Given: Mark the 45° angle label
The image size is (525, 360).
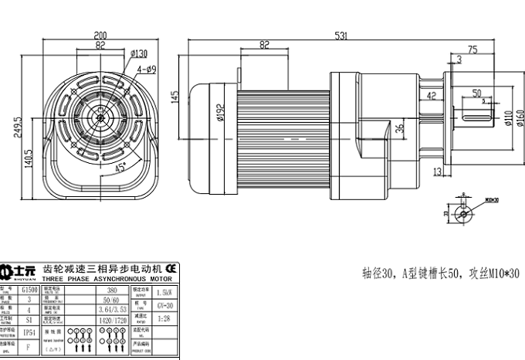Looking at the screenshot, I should point(122,166).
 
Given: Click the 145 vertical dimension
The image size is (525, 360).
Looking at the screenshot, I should point(176,97).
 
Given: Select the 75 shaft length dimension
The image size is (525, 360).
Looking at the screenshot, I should point(472,49).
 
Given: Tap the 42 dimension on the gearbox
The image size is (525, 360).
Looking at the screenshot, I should point(432,96).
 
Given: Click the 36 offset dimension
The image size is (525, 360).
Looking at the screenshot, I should point(399,129).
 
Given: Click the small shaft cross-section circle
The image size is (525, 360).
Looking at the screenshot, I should point(462,212).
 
